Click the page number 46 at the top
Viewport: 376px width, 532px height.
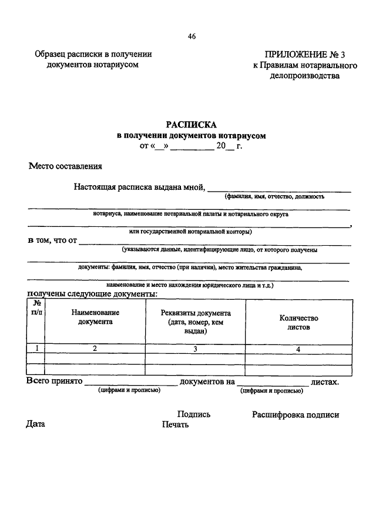[x=192, y=36]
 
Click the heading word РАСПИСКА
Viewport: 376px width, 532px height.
[x=192, y=125]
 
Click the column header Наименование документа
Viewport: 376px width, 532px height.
[x=95, y=317]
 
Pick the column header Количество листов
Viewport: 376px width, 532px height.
[x=298, y=323]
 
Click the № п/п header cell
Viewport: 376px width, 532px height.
[x=36, y=307]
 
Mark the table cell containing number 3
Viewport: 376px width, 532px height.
[x=196, y=349]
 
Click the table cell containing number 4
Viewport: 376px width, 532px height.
[x=298, y=349]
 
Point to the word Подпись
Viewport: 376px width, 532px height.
[x=193, y=414]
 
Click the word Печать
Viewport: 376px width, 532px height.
[x=176, y=425]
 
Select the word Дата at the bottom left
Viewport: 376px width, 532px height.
[x=35, y=424]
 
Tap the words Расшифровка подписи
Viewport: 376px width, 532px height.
[x=296, y=414]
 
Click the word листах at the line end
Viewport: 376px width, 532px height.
[x=325, y=382]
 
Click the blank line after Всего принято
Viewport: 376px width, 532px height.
[x=130, y=383]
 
